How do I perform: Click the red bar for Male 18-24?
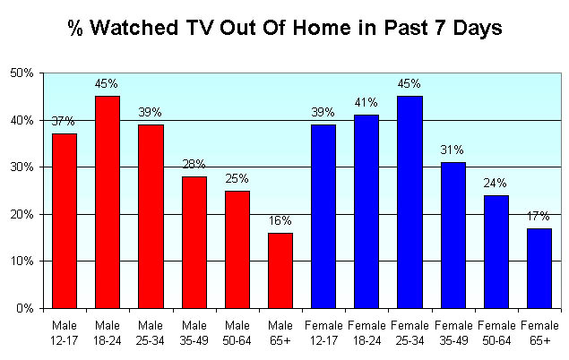(108, 202)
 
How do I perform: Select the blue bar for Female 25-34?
(410, 202)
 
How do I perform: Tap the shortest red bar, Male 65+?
(280, 270)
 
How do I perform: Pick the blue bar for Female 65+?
(539, 269)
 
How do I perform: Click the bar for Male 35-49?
(194, 243)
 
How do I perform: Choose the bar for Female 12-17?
(323, 217)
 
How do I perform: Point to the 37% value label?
(63, 121)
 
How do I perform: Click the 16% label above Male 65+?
(280, 220)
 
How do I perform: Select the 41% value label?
(366, 103)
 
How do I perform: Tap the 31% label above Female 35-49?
(453, 150)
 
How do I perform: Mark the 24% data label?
(495, 183)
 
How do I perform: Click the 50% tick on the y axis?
(22, 73)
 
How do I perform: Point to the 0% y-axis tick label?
(25, 308)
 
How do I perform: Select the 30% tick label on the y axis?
(22, 167)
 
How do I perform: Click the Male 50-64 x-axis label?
(237, 333)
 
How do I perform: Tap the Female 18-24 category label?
(366, 333)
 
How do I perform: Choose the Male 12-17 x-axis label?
(65, 333)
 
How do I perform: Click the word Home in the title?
(323, 28)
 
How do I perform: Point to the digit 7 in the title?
(440, 28)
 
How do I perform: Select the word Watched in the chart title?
(134, 28)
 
